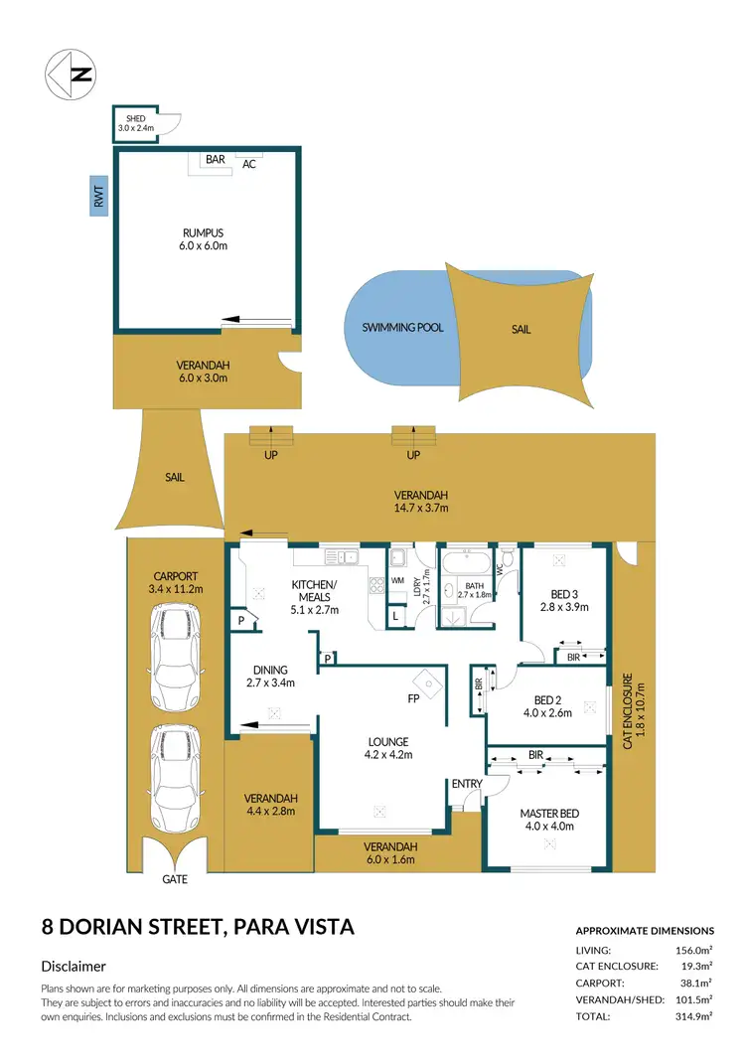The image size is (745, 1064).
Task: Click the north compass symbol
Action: [x=72, y=73]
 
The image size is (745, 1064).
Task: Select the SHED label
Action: [x=135, y=118]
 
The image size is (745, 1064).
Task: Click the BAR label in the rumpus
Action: [x=215, y=159]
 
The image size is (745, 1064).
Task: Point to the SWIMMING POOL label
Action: [x=402, y=327]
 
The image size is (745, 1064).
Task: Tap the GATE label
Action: [x=174, y=879]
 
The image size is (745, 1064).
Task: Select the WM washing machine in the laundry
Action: [x=398, y=580]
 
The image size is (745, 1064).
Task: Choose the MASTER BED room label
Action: [x=549, y=814]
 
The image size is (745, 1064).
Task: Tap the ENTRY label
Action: [x=466, y=784]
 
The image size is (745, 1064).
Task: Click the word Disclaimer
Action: [x=74, y=967]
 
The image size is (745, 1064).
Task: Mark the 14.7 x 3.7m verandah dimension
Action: [x=420, y=509]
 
